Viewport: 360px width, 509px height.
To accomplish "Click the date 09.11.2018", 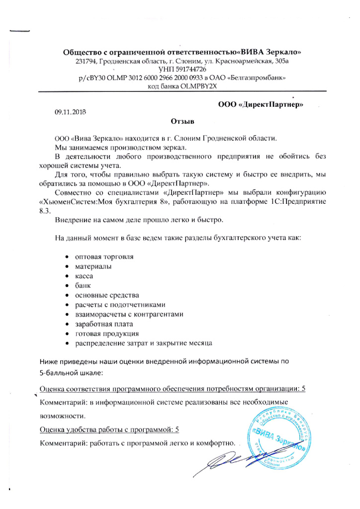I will (71, 113).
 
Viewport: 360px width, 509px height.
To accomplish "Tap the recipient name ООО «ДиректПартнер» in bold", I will (261, 104).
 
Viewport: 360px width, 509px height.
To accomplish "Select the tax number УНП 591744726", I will (182, 70).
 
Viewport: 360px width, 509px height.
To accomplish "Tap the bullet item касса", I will (84, 275).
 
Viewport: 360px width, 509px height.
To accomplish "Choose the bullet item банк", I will (83, 285).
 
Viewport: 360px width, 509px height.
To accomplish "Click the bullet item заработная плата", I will (103, 324).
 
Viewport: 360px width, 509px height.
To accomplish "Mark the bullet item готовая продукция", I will (106, 333).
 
